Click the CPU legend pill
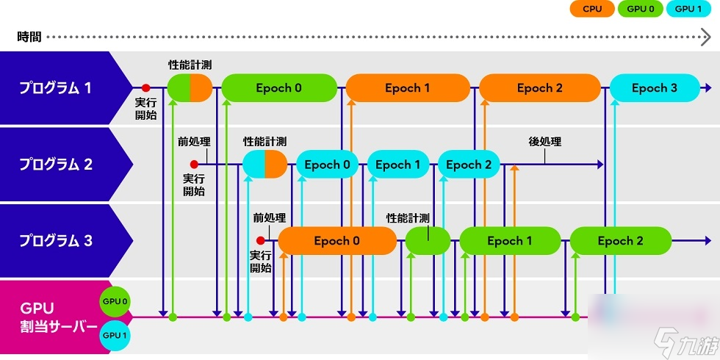point(592,9)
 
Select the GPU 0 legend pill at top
point(640,9)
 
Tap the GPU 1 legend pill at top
point(688,9)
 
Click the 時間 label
point(29,37)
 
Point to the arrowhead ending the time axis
point(706,37)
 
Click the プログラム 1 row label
point(55,88)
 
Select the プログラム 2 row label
point(56,165)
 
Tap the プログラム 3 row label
point(56,241)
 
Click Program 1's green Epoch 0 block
point(279,88)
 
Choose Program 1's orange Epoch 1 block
point(408,88)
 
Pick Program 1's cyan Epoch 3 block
point(655,88)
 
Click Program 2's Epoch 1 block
point(398,165)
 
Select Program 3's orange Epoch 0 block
point(337,241)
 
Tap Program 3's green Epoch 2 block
point(620,241)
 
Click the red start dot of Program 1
point(145,87)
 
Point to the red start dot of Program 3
point(260,240)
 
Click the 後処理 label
point(545,142)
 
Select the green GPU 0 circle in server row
point(115,302)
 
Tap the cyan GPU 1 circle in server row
point(115,335)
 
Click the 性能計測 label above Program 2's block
point(265,140)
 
